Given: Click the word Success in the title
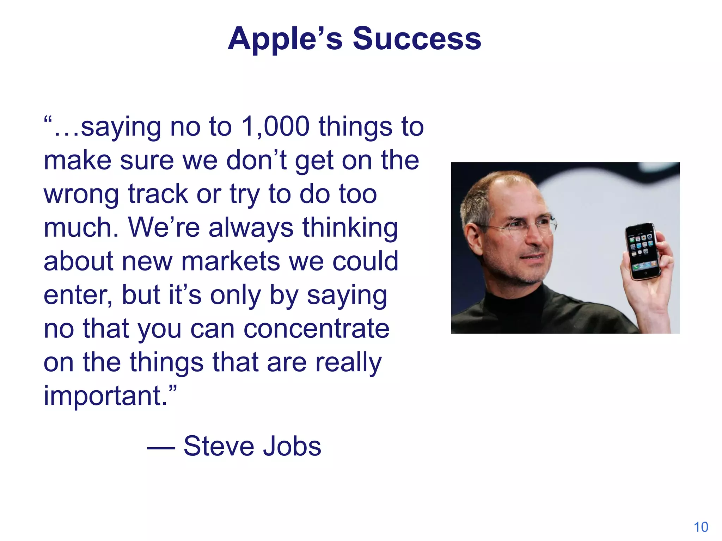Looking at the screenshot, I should [417, 39].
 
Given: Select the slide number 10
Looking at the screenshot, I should [701, 527].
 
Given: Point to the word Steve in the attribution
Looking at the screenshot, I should [218, 446].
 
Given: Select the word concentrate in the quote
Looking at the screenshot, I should [316, 329].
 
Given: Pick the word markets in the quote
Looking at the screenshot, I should [231, 262].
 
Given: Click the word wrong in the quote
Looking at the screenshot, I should [81, 194].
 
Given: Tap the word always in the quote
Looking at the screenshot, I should [251, 228].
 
